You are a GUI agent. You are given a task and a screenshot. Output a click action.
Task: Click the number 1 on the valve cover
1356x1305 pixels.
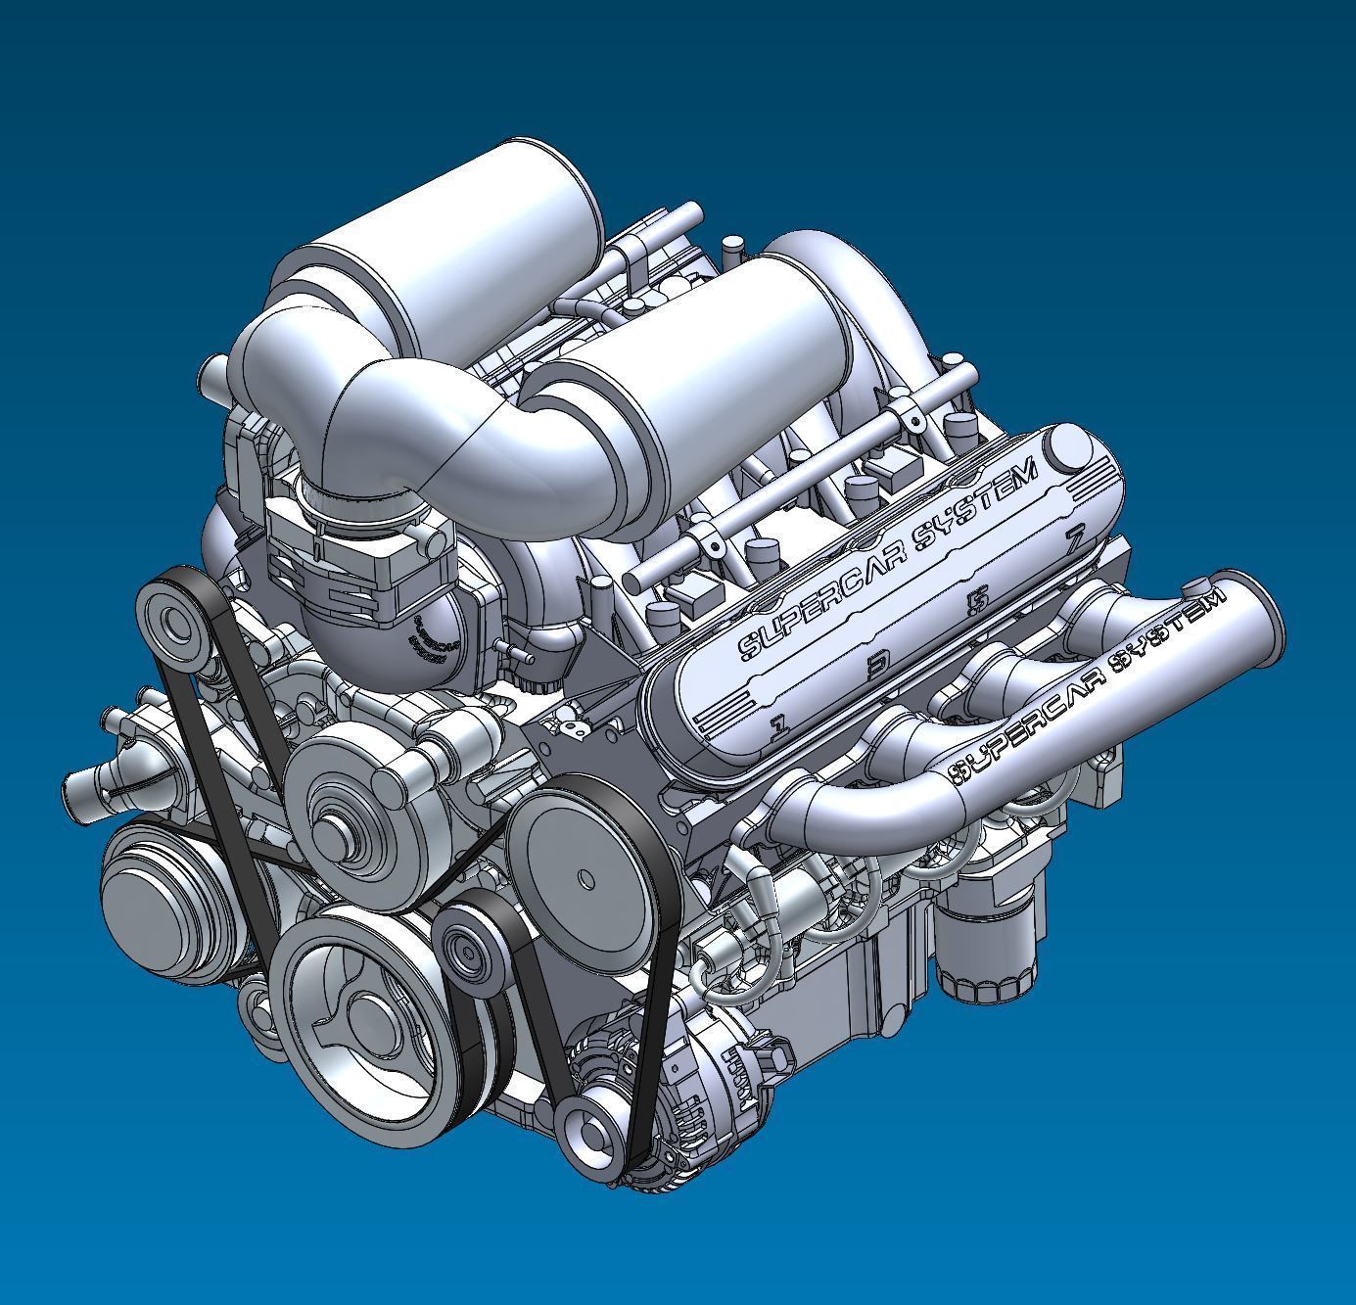point(779,725)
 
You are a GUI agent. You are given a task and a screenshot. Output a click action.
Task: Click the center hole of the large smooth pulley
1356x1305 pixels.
point(586,879)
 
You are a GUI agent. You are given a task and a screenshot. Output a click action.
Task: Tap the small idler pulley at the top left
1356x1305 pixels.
point(176,623)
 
